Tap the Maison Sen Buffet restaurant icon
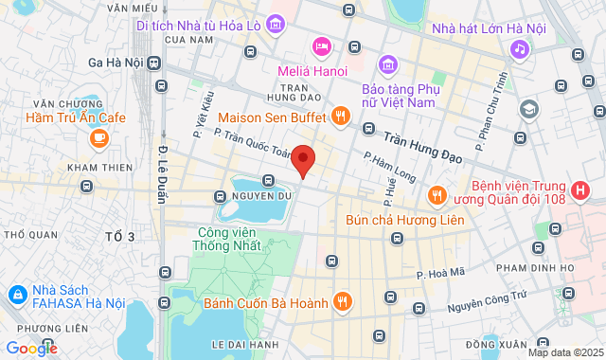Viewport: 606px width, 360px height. tap(341, 117)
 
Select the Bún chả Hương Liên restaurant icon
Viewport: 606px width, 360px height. tap(437, 195)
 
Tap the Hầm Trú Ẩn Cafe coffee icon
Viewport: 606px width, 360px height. tap(98, 138)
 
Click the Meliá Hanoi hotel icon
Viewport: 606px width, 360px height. tap(321, 45)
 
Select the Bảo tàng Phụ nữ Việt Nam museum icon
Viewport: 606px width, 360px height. tap(387, 64)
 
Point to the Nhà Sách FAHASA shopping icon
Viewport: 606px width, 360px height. tap(16, 296)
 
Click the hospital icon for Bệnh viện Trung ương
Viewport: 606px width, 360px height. tap(580, 190)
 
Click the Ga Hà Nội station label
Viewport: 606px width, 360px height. tap(115, 63)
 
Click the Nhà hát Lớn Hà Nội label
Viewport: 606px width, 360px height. tap(489, 28)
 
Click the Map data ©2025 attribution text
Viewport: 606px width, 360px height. tap(564, 352)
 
